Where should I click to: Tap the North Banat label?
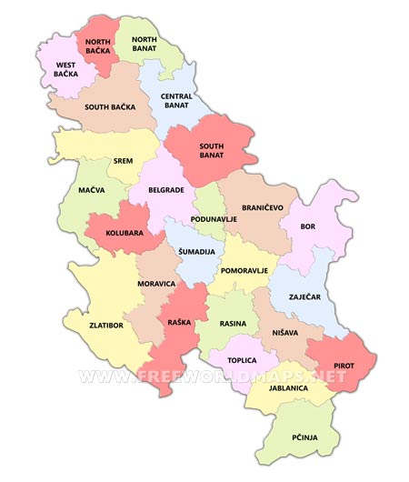coord(145,45)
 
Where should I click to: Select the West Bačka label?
coord(65,70)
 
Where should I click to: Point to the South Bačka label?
coord(110,106)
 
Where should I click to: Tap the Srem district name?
coord(123,160)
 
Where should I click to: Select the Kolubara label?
coord(125,233)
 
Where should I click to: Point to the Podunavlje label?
coord(214,219)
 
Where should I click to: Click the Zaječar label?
coord(304,296)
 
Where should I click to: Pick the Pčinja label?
coord(304,437)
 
